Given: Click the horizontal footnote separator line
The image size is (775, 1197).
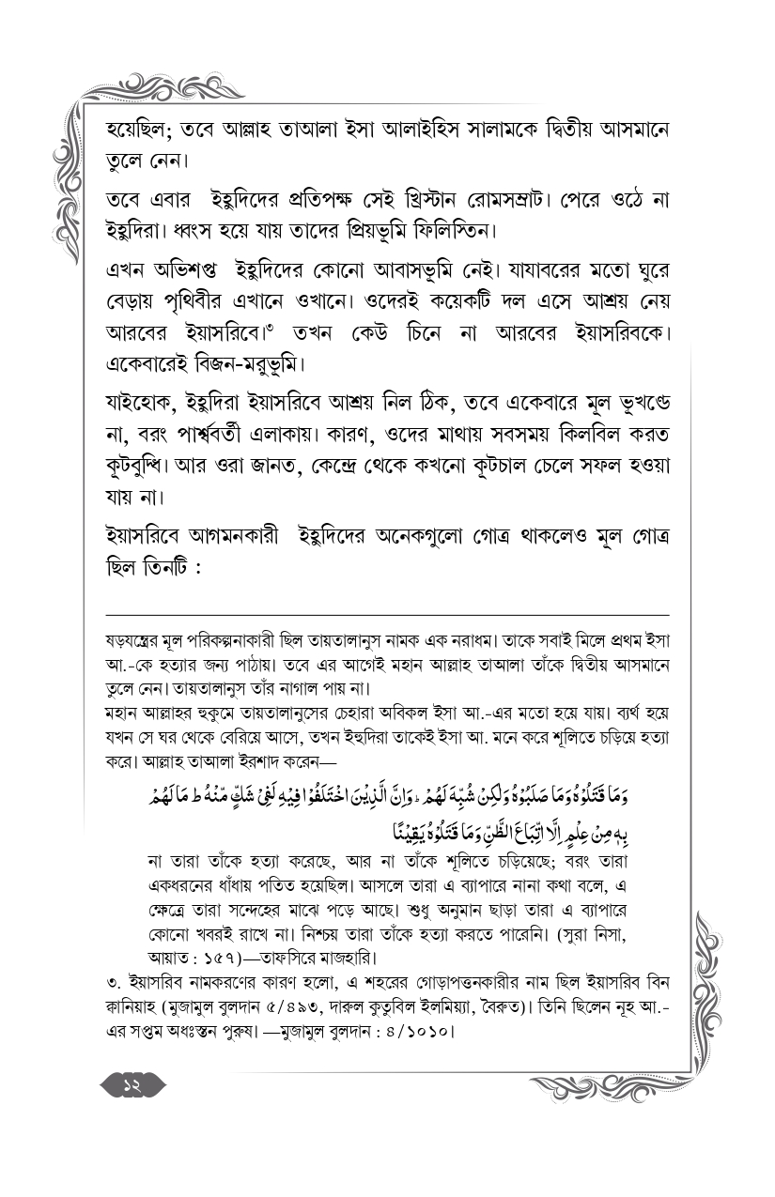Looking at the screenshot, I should [x=387, y=611].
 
